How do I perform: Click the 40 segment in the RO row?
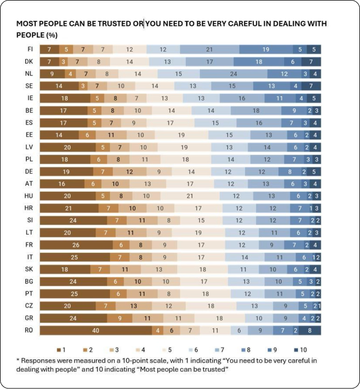click(x=96, y=330)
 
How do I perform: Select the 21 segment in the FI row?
click(x=209, y=49)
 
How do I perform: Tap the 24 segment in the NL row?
click(x=233, y=74)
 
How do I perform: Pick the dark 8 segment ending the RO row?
click(x=309, y=330)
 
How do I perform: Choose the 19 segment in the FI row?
click(x=265, y=49)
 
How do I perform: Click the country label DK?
click(x=30, y=62)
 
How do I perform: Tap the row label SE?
click(x=30, y=86)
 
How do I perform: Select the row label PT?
click(x=30, y=293)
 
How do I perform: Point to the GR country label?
click(x=30, y=318)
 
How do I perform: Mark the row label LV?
click(x=30, y=147)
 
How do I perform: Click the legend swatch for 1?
click(x=59, y=349)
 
